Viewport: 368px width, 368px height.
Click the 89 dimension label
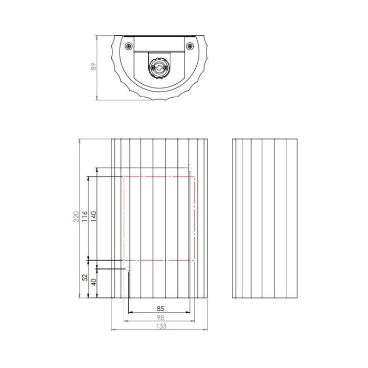coord(94,66)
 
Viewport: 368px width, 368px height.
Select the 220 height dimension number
coord(76,216)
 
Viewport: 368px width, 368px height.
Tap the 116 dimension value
coord(84,216)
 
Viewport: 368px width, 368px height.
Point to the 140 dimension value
coord(94,216)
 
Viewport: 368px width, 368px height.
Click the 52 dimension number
coord(85,278)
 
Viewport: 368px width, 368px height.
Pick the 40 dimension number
coord(94,282)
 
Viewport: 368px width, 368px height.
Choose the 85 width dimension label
coord(160,308)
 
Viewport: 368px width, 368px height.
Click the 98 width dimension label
coord(160,317)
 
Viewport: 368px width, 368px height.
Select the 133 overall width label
coord(161,326)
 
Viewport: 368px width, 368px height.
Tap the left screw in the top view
coord(128,46)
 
